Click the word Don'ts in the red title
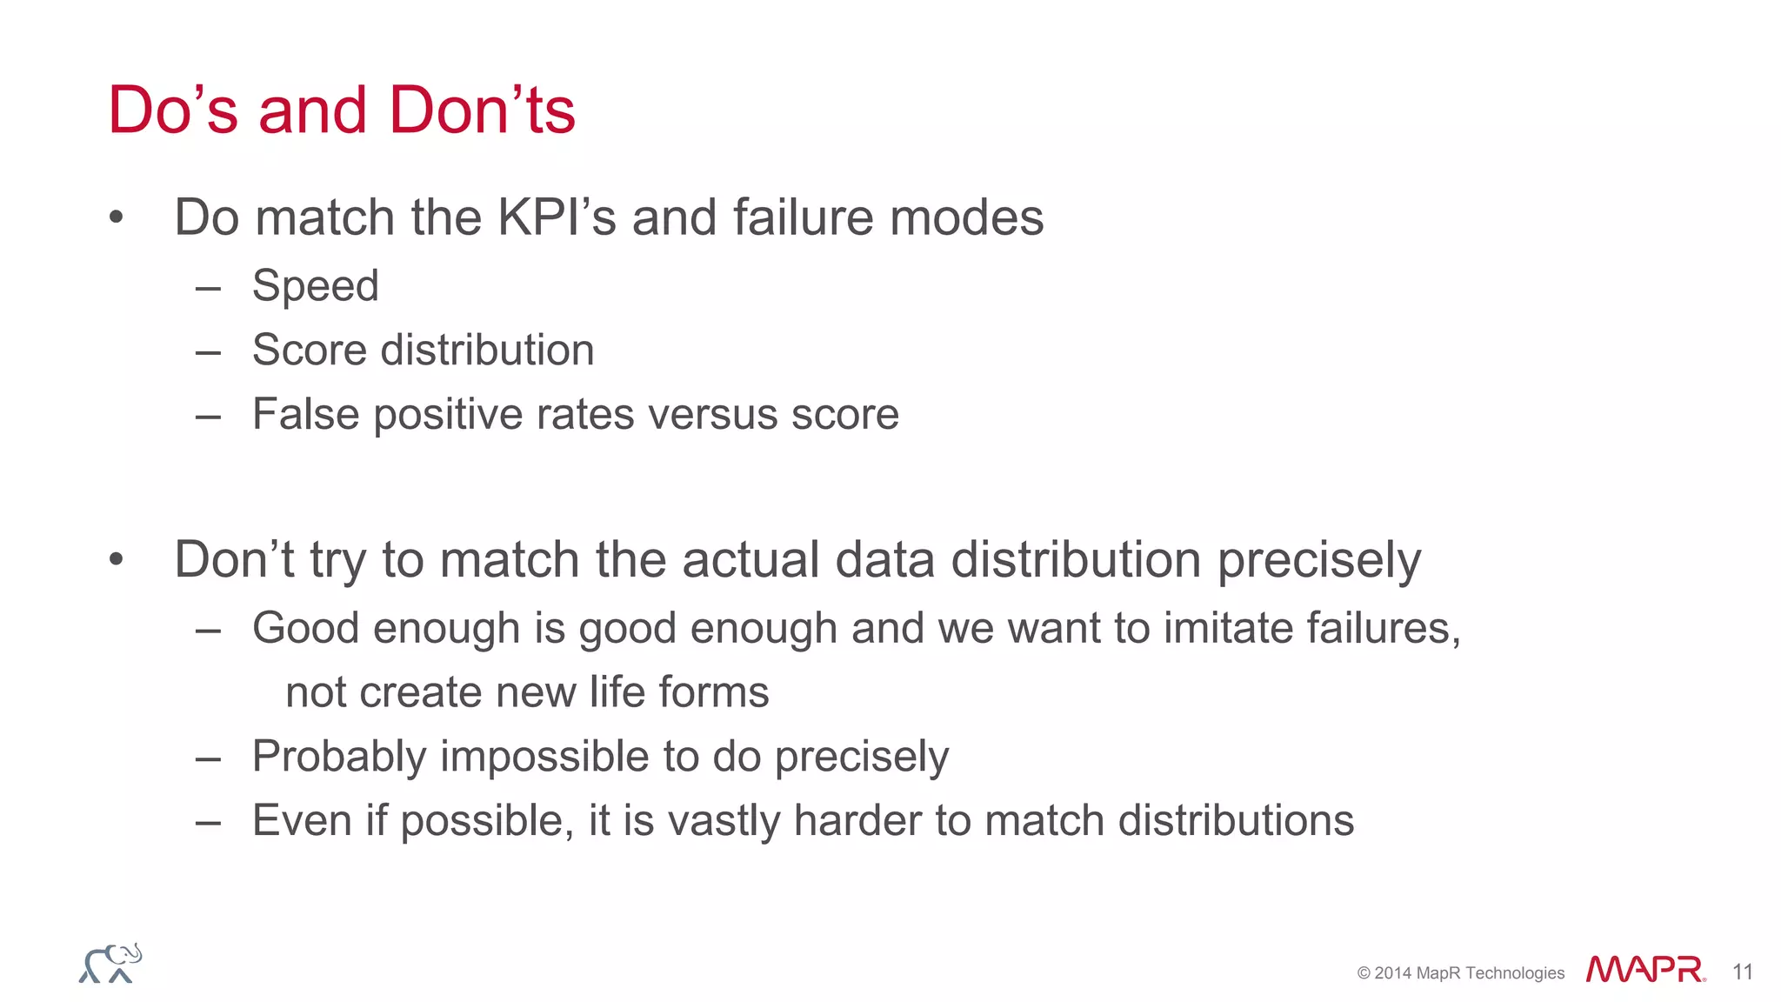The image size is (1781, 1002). [x=482, y=110]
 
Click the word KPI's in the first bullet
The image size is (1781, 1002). [x=557, y=217]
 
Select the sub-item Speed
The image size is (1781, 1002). [x=316, y=286]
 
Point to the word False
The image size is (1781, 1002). [x=305, y=414]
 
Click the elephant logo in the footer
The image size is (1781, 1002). [x=110, y=964]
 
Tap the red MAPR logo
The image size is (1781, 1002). [x=1644, y=969]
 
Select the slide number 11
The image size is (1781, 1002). [x=1742, y=972]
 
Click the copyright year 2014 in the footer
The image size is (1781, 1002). [x=1393, y=973]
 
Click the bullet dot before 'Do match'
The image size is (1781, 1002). [x=117, y=217]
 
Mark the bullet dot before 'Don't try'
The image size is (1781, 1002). [x=117, y=559]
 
